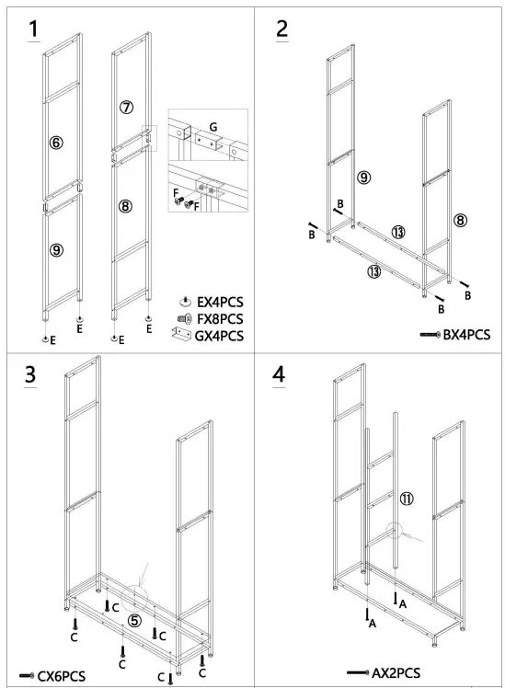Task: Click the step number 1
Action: coord(33,29)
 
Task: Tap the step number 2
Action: coord(282,29)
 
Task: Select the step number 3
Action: coord(30,374)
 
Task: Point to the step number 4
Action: coord(279,374)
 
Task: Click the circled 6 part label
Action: coord(56,143)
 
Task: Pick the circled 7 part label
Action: coord(126,107)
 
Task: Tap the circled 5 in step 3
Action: coord(134,621)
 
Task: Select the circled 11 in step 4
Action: coord(407,499)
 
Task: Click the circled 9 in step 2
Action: coord(363,178)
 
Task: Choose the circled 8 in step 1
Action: coord(125,206)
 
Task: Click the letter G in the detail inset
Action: coord(213,127)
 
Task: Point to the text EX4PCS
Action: coord(220,303)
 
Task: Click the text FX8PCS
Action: coord(220,319)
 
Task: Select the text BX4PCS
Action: coord(466,335)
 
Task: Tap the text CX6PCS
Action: coord(62,676)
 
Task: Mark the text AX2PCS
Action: coord(396,672)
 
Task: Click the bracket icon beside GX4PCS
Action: coord(181,335)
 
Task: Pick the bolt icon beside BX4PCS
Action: coord(430,335)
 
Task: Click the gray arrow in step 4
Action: coord(412,537)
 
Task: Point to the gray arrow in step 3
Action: coord(143,574)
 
